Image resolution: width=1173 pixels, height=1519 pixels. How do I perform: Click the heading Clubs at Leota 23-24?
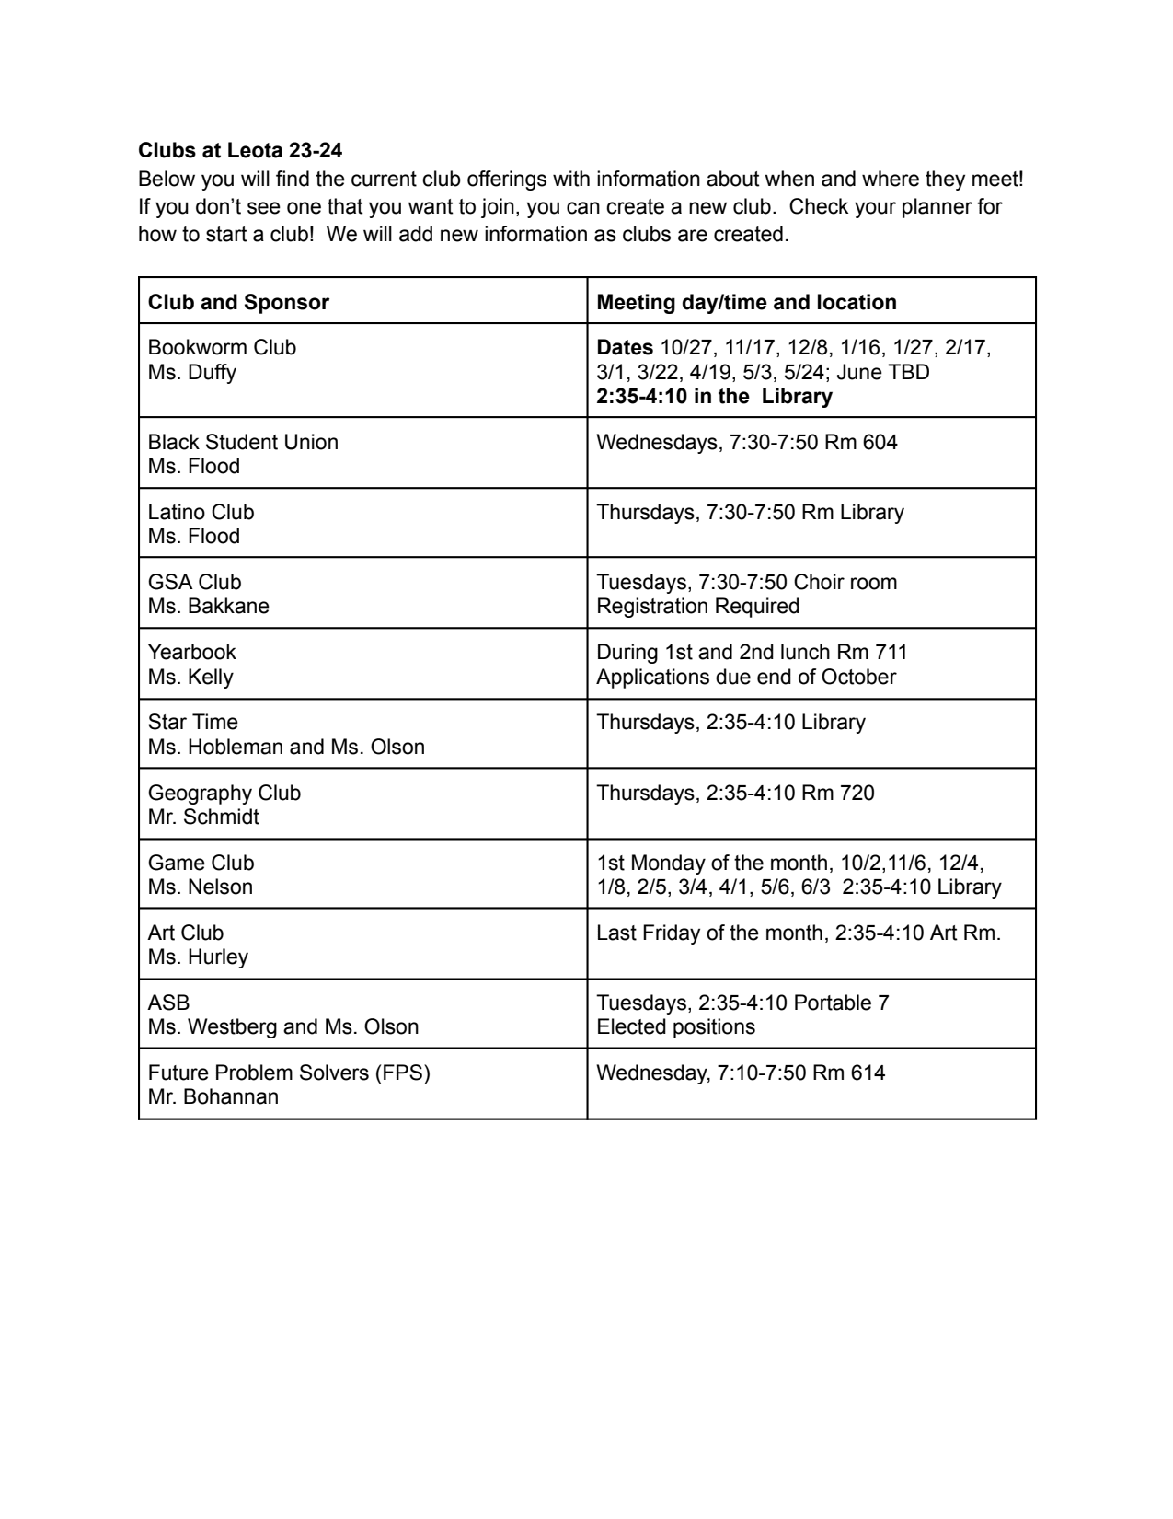[x=240, y=150]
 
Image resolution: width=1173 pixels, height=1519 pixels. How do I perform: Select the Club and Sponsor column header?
[x=238, y=302]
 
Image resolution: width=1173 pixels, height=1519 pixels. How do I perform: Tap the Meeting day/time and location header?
[x=746, y=302]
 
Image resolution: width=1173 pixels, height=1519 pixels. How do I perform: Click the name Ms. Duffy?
[x=192, y=372]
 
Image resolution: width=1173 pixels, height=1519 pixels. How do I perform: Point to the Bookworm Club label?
[x=222, y=347]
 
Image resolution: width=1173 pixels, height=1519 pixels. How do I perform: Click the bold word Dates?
[x=625, y=347]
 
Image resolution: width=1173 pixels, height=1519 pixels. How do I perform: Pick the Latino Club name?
[x=201, y=512]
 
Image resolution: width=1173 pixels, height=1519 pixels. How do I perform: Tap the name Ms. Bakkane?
[x=209, y=606]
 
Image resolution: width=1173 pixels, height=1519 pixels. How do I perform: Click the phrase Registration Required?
[x=697, y=606]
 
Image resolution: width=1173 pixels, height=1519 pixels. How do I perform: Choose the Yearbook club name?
[x=191, y=652]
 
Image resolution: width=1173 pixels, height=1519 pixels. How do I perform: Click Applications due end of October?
[x=745, y=677]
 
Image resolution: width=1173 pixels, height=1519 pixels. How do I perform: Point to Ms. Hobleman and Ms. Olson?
[x=286, y=747]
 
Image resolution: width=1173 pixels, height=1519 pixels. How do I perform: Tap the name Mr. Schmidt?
[x=203, y=817]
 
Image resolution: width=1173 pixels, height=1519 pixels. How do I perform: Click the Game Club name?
[x=201, y=863]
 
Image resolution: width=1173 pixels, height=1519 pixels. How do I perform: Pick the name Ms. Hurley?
[x=198, y=957]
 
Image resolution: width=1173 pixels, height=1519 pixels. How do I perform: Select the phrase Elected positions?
[x=675, y=1026]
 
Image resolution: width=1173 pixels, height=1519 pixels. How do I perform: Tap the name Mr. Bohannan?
[x=213, y=1096]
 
